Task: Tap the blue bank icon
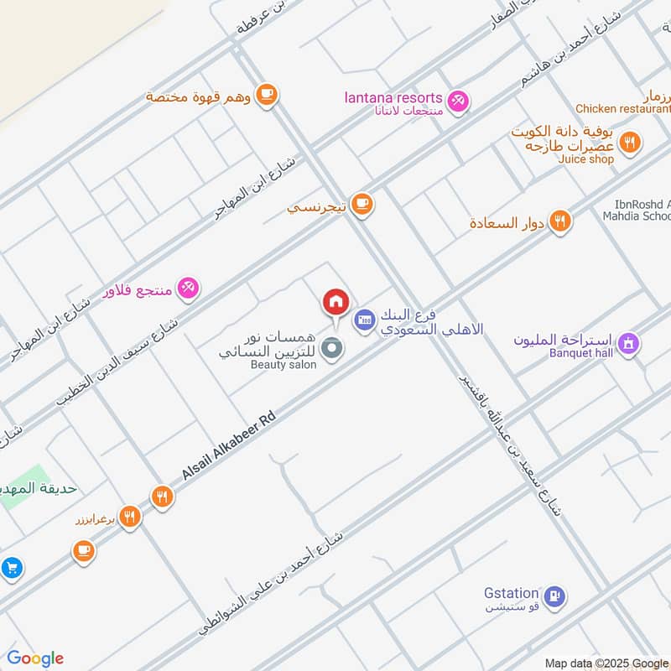point(364,320)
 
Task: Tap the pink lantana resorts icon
point(457,101)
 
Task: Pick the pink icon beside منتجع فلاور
point(188,289)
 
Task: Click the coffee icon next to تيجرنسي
point(362,204)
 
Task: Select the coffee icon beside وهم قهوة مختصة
point(267,95)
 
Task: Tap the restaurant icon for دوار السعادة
point(561,221)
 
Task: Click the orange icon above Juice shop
point(631,140)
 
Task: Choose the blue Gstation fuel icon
point(554,596)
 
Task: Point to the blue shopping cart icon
point(11,568)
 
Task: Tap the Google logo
point(35,658)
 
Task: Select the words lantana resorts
point(393,98)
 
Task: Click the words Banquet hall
point(581,352)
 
